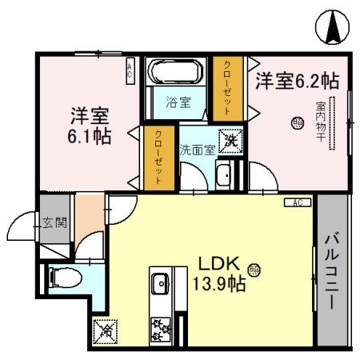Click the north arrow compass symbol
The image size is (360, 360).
click(x=332, y=27)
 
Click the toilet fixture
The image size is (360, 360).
click(x=65, y=278)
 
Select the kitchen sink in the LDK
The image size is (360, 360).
click(x=161, y=283)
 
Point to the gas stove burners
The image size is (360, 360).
click(x=161, y=330)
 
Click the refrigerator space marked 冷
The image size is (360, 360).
click(x=105, y=332)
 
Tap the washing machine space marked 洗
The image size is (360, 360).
click(x=231, y=142)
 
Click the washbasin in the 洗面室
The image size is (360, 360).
click(x=223, y=175)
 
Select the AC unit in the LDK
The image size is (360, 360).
click(x=298, y=202)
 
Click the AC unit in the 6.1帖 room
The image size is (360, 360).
click(x=130, y=71)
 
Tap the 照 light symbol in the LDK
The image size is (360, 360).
click(x=254, y=270)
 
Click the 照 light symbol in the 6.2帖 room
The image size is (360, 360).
click(x=297, y=123)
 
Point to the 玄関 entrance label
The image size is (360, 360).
click(x=54, y=222)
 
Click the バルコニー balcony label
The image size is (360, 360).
click(x=332, y=270)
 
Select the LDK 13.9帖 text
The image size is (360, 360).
click(x=218, y=274)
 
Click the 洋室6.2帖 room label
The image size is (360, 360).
click(x=297, y=80)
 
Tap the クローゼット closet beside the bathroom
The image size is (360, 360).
click(x=227, y=88)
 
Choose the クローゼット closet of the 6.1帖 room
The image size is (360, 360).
click(x=159, y=158)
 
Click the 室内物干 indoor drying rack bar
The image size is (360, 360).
click(x=332, y=123)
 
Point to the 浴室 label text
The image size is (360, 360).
click(x=178, y=102)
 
